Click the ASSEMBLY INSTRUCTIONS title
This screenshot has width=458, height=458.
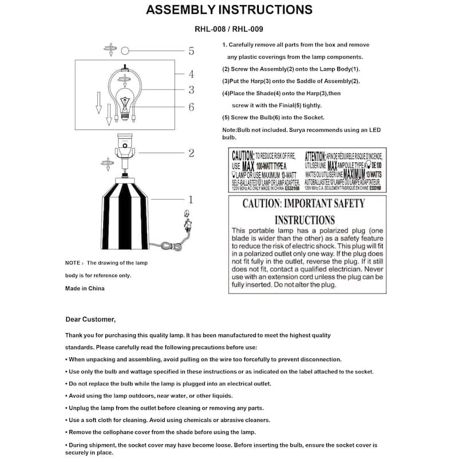(x=229, y=10)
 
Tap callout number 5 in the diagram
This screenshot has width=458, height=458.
(x=191, y=52)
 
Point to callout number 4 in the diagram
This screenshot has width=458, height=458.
(x=191, y=74)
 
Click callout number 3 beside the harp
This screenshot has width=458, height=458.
(x=191, y=90)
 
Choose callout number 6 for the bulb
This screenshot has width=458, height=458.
(x=191, y=107)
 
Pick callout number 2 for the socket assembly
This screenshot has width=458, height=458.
(x=191, y=153)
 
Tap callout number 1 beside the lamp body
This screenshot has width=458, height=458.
(x=191, y=200)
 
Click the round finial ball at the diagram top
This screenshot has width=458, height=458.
(x=125, y=51)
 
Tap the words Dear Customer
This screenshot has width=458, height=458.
(x=90, y=319)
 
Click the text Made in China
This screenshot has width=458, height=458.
(x=85, y=288)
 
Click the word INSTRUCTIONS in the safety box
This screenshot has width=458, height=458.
(x=305, y=220)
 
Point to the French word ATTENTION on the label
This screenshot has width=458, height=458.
(x=315, y=155)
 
